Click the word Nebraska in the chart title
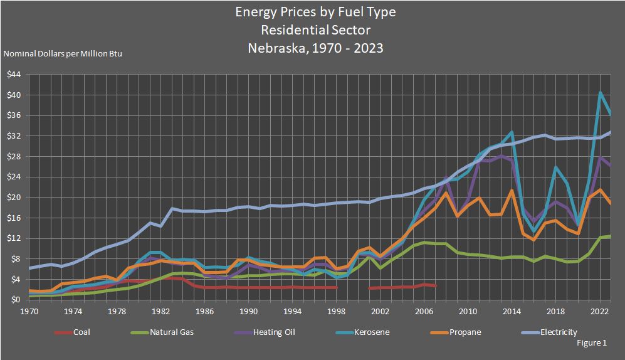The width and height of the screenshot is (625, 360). click(x=274, y=48)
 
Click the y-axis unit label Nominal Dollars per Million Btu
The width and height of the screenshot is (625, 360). click(x=63, y=54)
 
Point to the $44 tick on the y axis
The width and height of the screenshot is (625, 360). click(x=14, y=75)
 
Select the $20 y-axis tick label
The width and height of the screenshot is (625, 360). click(x=14, y=198)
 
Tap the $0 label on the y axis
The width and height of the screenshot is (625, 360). click(x=16, y=300)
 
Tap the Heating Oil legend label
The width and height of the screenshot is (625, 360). click(x=274, y=332)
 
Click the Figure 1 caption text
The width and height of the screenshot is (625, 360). click(x=591, y=343)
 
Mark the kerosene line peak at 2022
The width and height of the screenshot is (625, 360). click(x=600, y=93)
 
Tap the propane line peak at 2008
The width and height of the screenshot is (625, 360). click(x=446, y=193)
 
